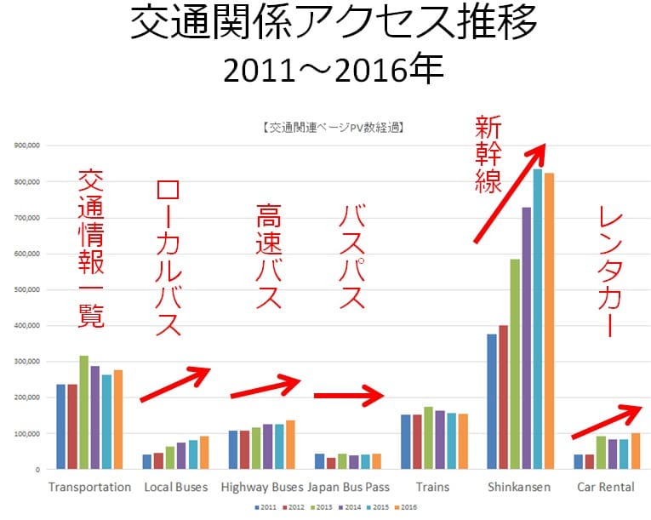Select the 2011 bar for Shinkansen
coord(491,401)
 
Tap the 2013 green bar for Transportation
coord(83,412)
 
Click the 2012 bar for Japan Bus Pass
coord(331,463)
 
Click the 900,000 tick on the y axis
coord(28,146)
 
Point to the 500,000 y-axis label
coord(28,289)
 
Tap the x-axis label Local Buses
coord(175,488)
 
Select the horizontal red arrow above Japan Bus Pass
coord(348,395)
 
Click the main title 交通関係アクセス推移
coord(334,26)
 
